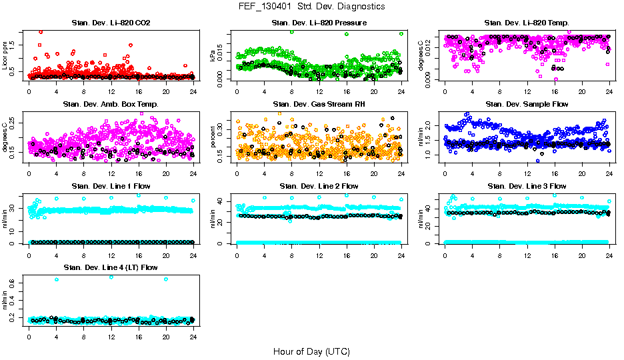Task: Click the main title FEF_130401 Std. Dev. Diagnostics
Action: point(311,7)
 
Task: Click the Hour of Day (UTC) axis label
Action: point(311,351)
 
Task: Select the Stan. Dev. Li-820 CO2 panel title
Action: point(111,23)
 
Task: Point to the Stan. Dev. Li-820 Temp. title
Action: point(527,23)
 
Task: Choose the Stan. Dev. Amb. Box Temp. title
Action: point(111,105)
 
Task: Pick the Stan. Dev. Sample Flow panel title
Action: point(527,105)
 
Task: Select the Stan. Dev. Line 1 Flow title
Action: point(111,186)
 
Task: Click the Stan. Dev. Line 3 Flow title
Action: point(527,186)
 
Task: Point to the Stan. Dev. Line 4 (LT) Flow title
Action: point(111,267)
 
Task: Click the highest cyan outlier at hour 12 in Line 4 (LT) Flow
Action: point(111,277)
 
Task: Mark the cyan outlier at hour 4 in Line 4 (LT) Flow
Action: point(56,279)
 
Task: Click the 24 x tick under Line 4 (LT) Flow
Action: point(193,335)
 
